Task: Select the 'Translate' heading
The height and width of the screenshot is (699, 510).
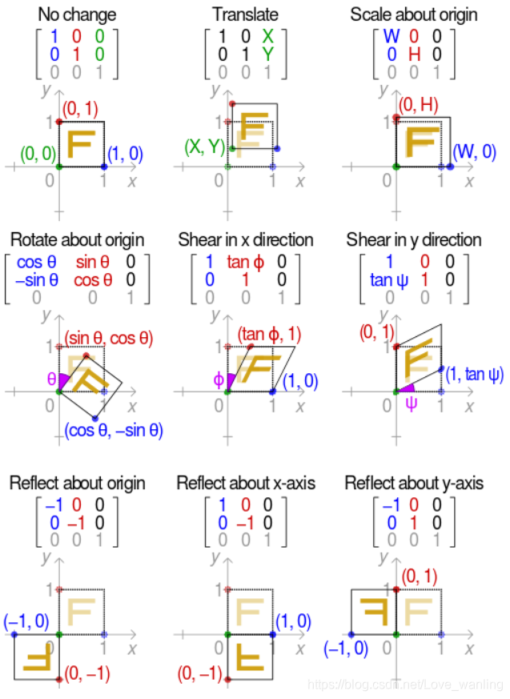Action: tap(245, 14)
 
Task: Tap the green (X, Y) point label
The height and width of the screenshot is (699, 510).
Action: tap(203, 147)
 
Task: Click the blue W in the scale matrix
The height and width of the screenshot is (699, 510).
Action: tap(391, 36)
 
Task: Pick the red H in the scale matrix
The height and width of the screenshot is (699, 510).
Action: tap(413, 55)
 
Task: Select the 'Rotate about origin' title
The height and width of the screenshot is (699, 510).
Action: tap(77, 240)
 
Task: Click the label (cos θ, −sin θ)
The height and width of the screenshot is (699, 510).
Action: tap(114, 431)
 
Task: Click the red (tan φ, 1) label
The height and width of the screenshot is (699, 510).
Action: tap(270, 332)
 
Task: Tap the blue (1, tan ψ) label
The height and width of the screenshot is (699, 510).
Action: tap(474, 373)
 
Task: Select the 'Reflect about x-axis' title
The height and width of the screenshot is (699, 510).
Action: tap(245, 484)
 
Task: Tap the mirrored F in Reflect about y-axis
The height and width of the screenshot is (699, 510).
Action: tap(373, 613)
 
